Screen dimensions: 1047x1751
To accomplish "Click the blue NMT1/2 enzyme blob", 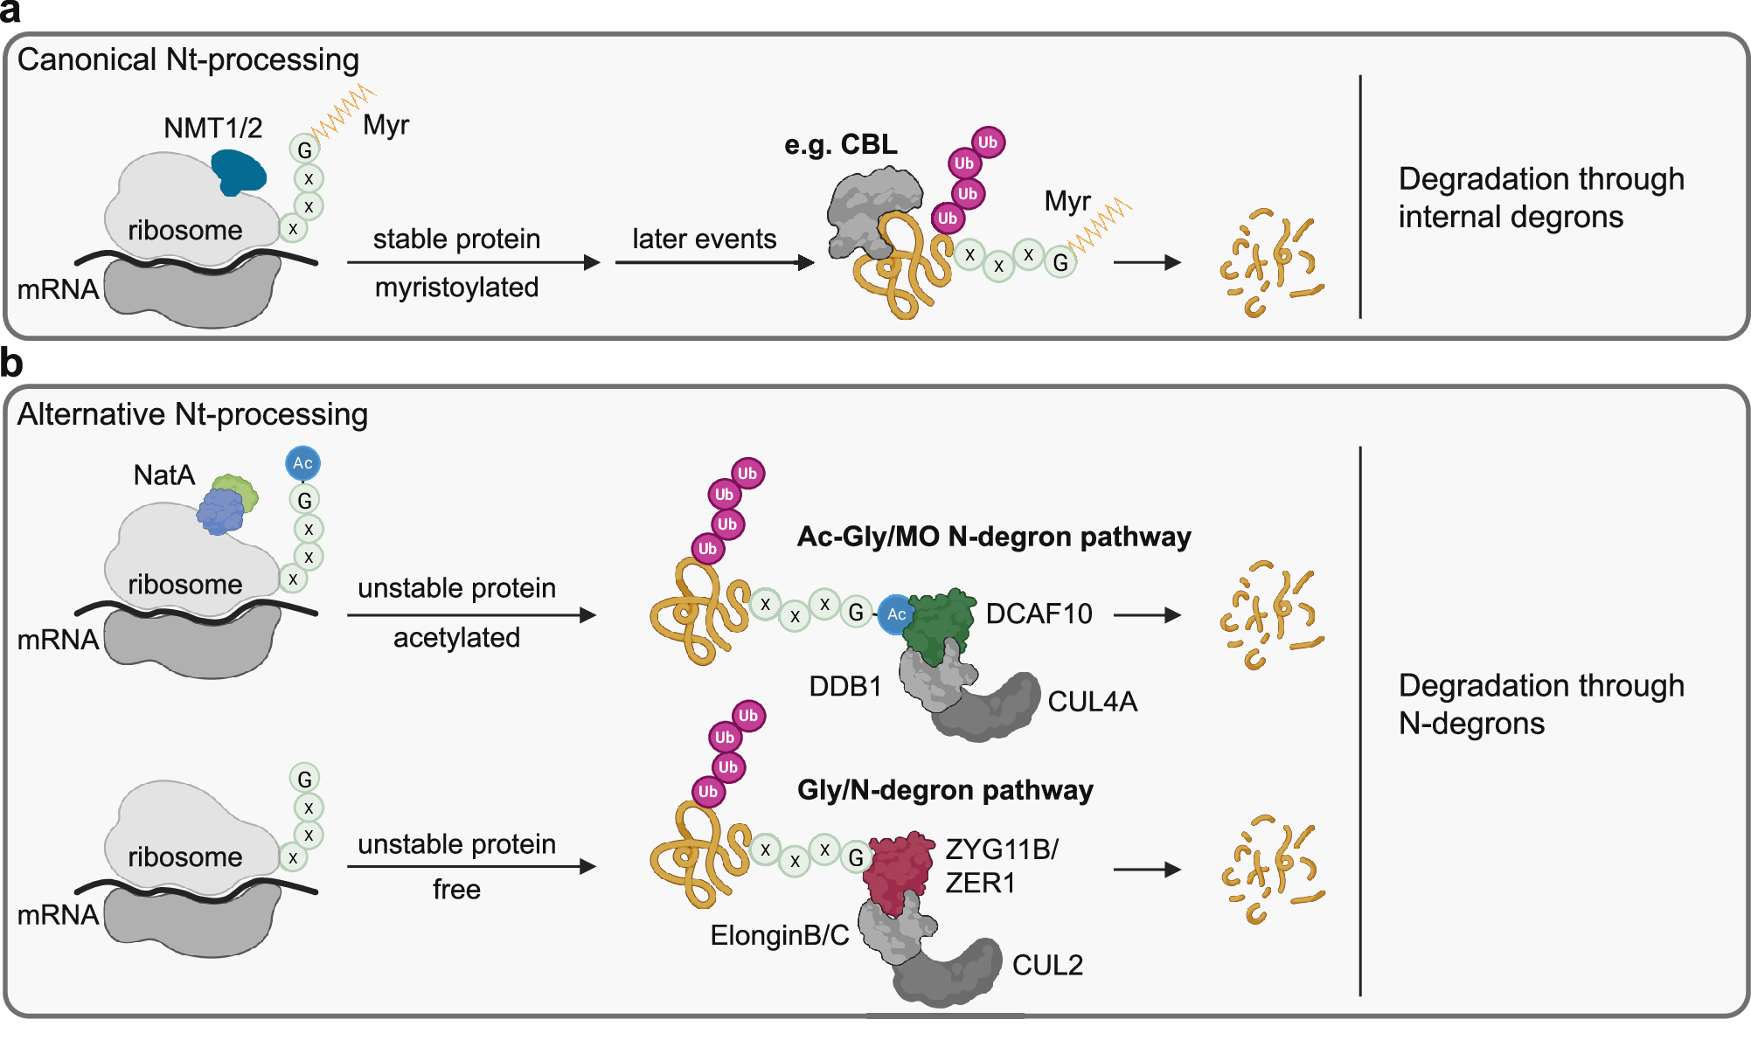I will coord(238,172).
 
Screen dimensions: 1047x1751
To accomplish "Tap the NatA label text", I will coord(163,475).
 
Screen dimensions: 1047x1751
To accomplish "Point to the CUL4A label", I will coord(1092,702).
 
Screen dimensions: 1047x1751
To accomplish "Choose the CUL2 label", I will coord(1047,965).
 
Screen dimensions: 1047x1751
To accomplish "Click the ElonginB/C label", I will coord(779,935).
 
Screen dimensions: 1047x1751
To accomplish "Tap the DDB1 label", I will coord(844,686).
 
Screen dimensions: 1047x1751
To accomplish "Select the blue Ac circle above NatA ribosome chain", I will coord(302,463).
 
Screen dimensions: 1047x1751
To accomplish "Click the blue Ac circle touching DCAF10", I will coord(896,614).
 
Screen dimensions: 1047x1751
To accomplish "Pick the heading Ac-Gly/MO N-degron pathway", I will coord(993,536).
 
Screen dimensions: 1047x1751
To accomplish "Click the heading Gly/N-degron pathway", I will coord(944,790).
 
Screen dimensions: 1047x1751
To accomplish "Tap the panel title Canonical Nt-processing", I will coord(188,59).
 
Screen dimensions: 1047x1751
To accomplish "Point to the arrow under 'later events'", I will coord(713,262).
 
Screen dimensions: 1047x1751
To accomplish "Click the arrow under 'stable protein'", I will coord(472,262).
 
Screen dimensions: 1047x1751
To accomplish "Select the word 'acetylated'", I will coord(456,637).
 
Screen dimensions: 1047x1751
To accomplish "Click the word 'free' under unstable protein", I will coord(456,890).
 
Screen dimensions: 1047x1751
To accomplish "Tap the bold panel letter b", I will coord(11,364).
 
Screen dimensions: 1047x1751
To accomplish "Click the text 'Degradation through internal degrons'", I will coord(1540,198).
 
